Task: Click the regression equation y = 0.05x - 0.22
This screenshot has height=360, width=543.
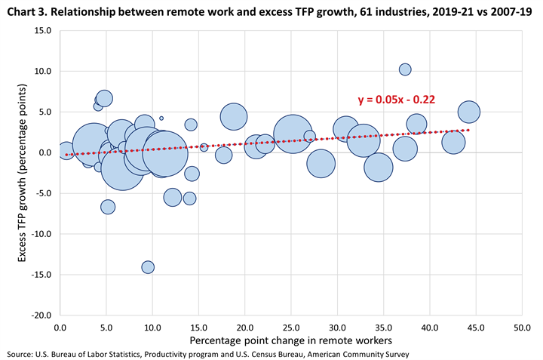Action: coord(395,99)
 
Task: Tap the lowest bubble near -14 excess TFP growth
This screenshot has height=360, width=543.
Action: coord(148,267)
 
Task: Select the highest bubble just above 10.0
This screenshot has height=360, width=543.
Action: coord(405,69)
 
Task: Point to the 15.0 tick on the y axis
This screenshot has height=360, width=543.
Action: coord(42,30)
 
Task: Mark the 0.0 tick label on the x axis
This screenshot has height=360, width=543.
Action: coord(60,328)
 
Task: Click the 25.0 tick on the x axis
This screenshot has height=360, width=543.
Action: coord(291,328)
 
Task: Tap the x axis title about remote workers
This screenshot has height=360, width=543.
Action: coord(290,342)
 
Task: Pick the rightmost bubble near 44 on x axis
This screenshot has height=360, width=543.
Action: coord(468,112)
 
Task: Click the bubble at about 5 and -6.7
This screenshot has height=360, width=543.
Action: coord(108,207)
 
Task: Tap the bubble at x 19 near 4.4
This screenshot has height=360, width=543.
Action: coord(235,116)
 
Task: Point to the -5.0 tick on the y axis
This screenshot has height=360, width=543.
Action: coord(42,193)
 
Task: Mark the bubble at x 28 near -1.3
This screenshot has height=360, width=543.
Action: coord(321,162)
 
